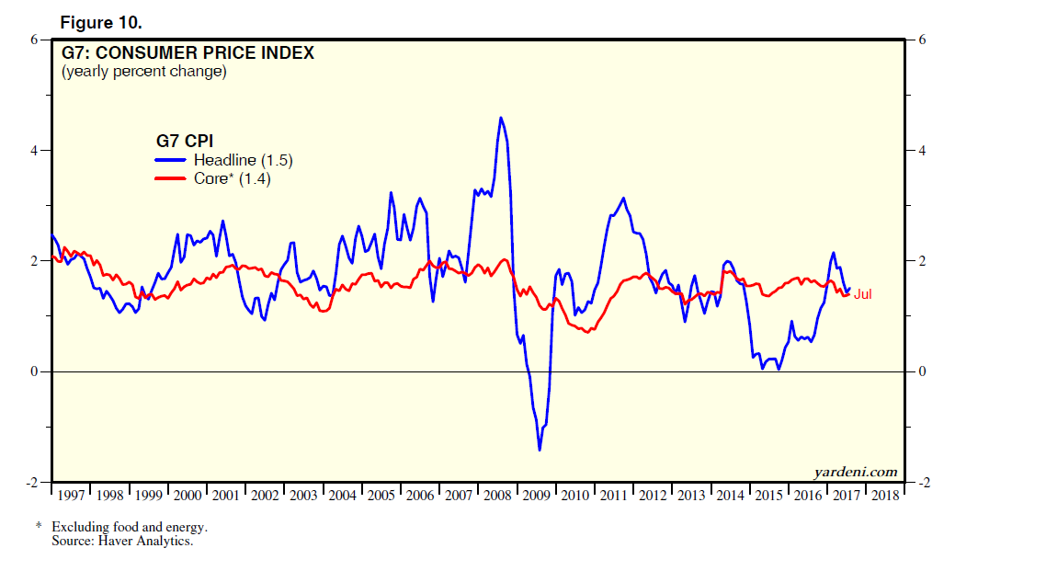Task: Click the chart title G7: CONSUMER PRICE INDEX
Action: pyautogui.click(x=188, y=53)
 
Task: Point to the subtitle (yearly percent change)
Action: pyautogui.click(x=143, y=71)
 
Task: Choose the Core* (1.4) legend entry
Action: pyautogui.click(x=232, y=178)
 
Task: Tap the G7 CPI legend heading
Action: pyautogui.click(x=184, y=141)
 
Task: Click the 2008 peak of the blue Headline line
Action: pyautogui.click(x=500, y=118)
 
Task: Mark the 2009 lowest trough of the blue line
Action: pyautogui.click(x=540, y=450)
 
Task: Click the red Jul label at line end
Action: pyautogui.click(x=863, y=294)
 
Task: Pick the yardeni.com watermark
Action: pyautogui.click(x=855, y=472)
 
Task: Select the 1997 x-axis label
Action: pyautogui.click(x=71, y=496)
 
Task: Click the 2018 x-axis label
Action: pyautogui.click(x=885, y=496)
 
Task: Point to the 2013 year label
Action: pyautogui.click(x=691, y=496)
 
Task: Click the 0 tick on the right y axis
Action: pyautogui.click(x=918, y=372)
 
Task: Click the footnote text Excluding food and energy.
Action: pyautogui.click(x=130, y=527)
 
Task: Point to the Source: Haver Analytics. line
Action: pyautogui.click(x=122, y=541)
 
